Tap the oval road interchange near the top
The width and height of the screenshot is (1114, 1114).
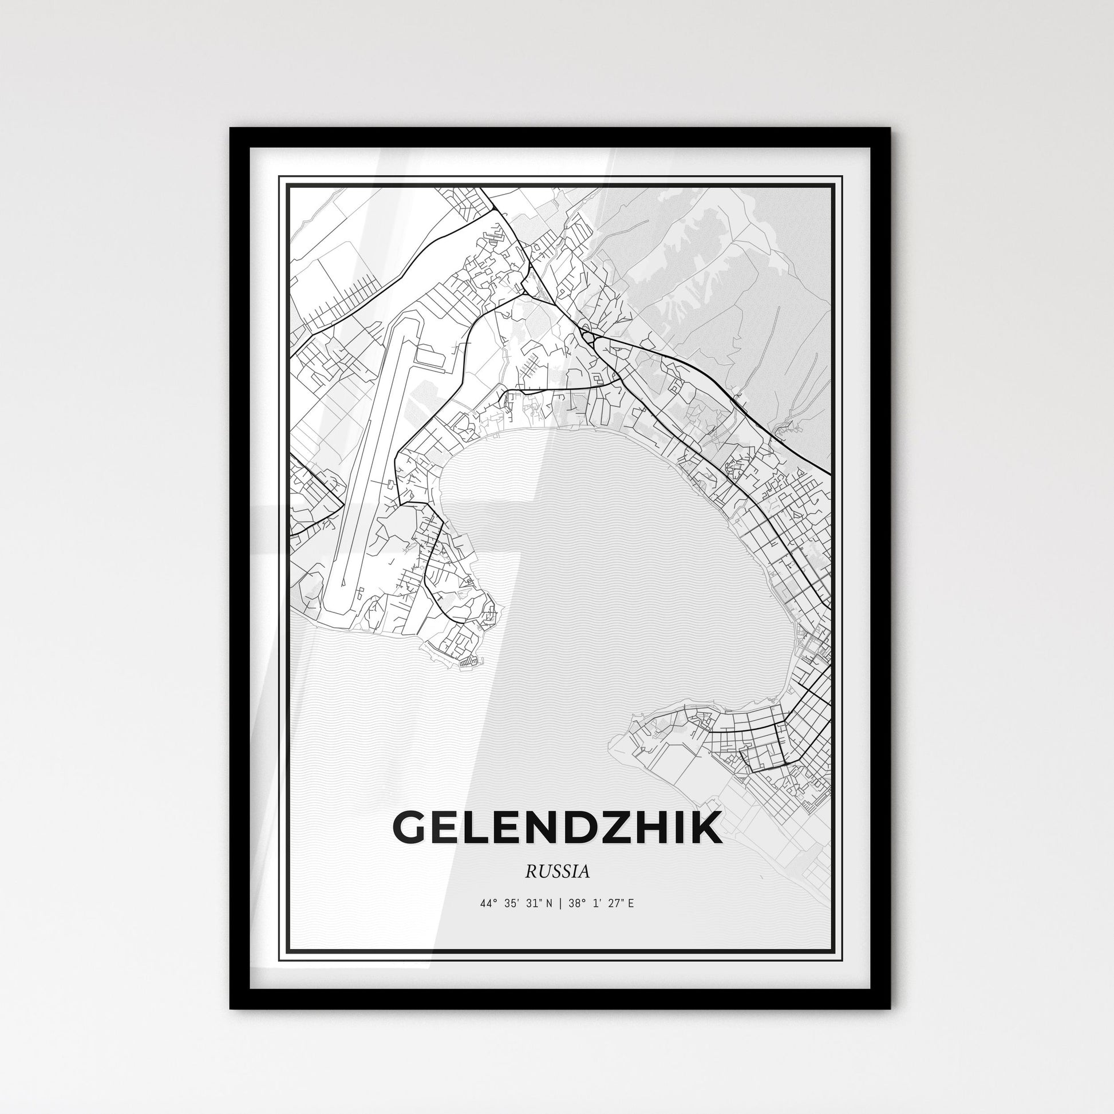pos(588,335)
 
